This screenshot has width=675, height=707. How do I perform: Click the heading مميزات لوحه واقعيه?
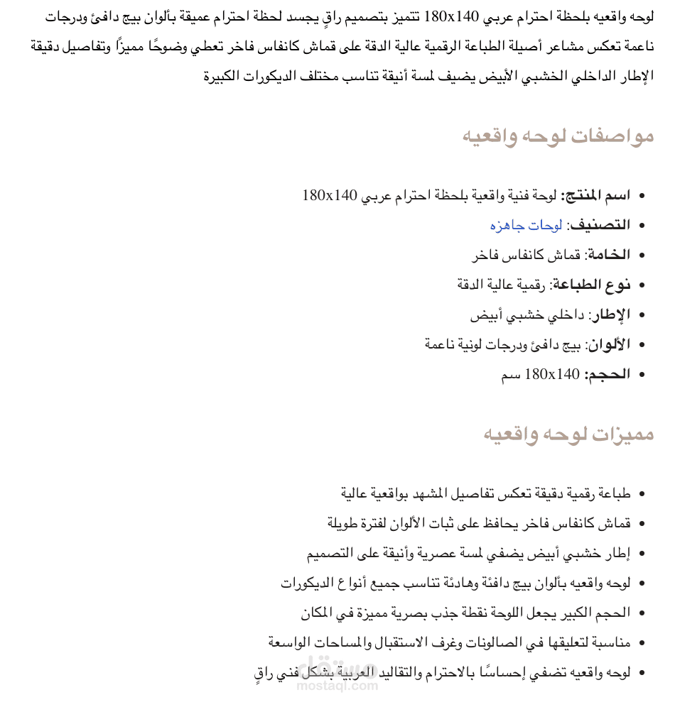pos(568,434)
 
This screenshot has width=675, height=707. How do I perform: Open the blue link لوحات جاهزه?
pos(526,225)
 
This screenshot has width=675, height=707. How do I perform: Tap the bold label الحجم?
pos(607,374)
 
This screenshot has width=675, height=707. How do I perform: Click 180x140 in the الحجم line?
pos(552,374)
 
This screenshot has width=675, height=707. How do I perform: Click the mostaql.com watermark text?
pos(337,686)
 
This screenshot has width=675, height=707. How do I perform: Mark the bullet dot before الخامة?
pos(643,256)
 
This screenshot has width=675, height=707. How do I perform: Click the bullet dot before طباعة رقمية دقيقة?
pos(643,494)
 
